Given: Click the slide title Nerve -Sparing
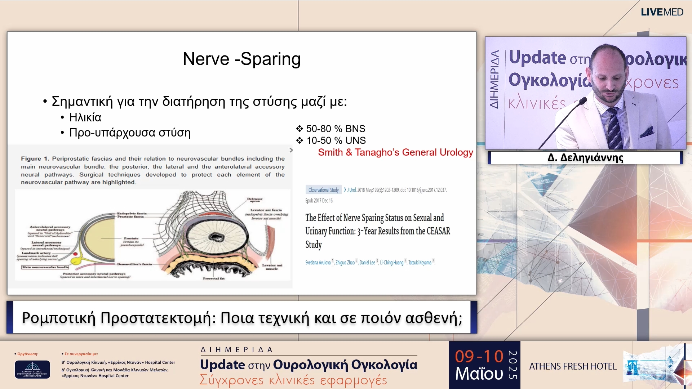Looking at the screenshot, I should (x=241, y=59).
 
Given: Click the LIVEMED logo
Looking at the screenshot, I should (x=662, y=12).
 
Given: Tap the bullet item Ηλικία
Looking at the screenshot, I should (x=85, y=117).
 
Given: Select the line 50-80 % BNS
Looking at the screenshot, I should (x=335, y=129).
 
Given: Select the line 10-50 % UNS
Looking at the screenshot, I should (x=336, y=140).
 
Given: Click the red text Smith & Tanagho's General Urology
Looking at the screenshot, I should (x=395, y=152).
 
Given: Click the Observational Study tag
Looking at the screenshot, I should (x=323, y=190).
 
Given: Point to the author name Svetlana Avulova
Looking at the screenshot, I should (x=318, y=263).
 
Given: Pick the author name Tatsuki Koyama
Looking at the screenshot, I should (x=420, y=263).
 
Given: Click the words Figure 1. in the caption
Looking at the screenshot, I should (x=35, y=158).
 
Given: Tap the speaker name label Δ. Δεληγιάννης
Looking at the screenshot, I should (x=585, y=158).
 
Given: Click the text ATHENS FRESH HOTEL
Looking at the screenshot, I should (x=573, y=366).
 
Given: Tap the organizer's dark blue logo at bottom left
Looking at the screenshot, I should (x=32, y=369).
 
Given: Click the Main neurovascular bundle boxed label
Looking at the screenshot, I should (x=45, y=267).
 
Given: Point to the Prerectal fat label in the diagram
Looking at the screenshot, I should (x=213, y=278).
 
